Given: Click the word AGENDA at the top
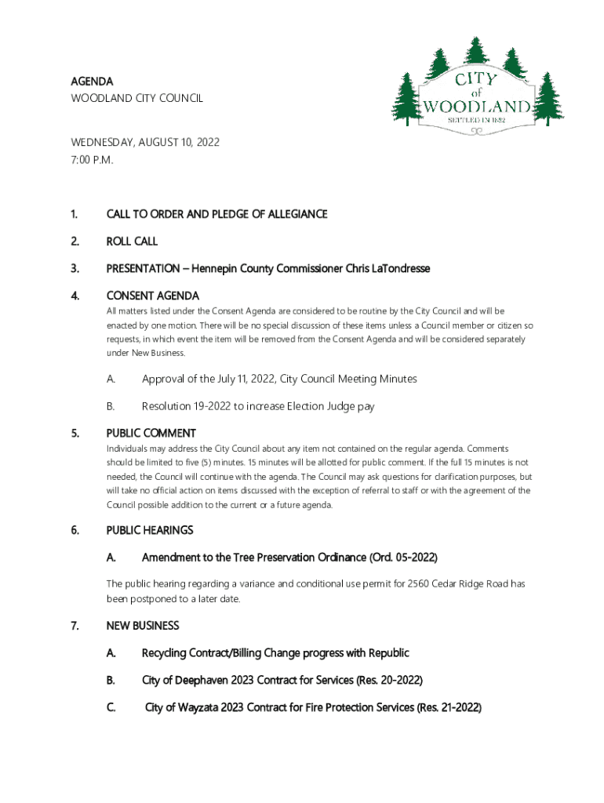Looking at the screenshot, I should pos(92,82).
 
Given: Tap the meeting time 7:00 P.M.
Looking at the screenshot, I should pos(92,160).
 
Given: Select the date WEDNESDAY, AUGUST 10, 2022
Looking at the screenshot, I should pos(145,143).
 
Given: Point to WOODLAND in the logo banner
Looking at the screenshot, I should pos(478,106).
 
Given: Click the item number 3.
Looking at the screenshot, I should pos(75,269).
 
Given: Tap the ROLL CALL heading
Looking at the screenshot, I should pos(132,242).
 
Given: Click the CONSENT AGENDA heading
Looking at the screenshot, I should pos(152,296).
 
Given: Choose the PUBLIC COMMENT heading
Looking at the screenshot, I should pos(151,433).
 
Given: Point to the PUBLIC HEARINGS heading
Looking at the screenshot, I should pos(149,530).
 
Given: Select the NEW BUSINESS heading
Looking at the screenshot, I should pos(142,626).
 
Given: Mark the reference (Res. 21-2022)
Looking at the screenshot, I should pos(449,707).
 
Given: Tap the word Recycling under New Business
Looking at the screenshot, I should pos(168,653).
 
